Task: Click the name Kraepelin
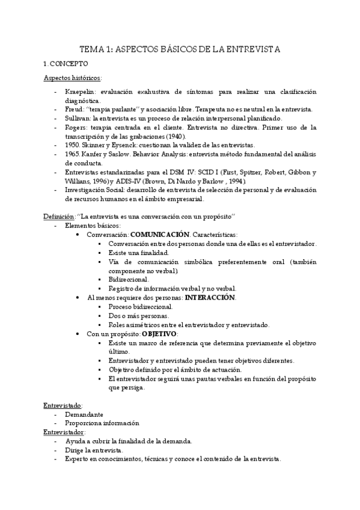click(x=81, y=91)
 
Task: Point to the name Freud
click(x=76, y=109)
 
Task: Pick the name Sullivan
click(x=79, y=118)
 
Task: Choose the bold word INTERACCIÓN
click(x=210, y=297)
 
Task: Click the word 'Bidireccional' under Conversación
click(x=129, y=280)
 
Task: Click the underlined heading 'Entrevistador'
click(x=64, y=432)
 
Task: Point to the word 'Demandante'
click(x=84, y=414)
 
